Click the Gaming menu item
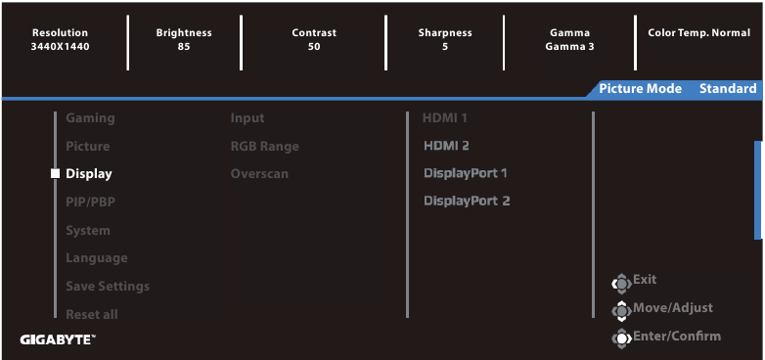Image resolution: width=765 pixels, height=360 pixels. tap(90, 118)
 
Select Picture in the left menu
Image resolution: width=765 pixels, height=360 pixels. tap(87, 146)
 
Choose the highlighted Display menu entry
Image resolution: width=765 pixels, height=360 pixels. tap(88, 174)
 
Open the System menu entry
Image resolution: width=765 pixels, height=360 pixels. tap(87, 231)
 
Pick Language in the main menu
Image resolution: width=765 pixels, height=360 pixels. tap(96, 258)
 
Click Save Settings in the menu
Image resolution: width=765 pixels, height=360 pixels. tap(107, 287)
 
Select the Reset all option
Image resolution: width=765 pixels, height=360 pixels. tap(91, 315)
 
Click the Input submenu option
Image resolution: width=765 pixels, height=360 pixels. tap(247, 118)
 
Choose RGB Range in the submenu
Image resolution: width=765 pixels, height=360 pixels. tap(264, 146)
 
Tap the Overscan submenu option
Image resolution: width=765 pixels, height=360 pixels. tap(259, 174)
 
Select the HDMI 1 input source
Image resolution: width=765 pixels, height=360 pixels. tap(445, 118)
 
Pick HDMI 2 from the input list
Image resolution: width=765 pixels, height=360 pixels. tap(446, 146)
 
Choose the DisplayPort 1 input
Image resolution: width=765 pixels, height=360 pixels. tap(466, 173)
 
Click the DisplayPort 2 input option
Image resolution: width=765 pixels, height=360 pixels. tap(467, 202)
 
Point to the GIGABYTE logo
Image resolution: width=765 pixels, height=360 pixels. tap(58, 339)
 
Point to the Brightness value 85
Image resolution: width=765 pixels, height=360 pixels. tap(184, 46)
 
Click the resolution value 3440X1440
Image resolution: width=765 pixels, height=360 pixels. tap(60, 46)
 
